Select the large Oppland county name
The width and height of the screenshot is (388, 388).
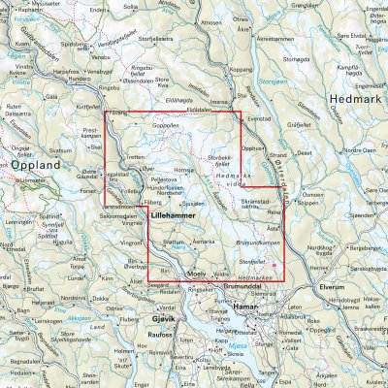(x=38, y=166)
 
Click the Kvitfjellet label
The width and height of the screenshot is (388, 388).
(x=87, y=108)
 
